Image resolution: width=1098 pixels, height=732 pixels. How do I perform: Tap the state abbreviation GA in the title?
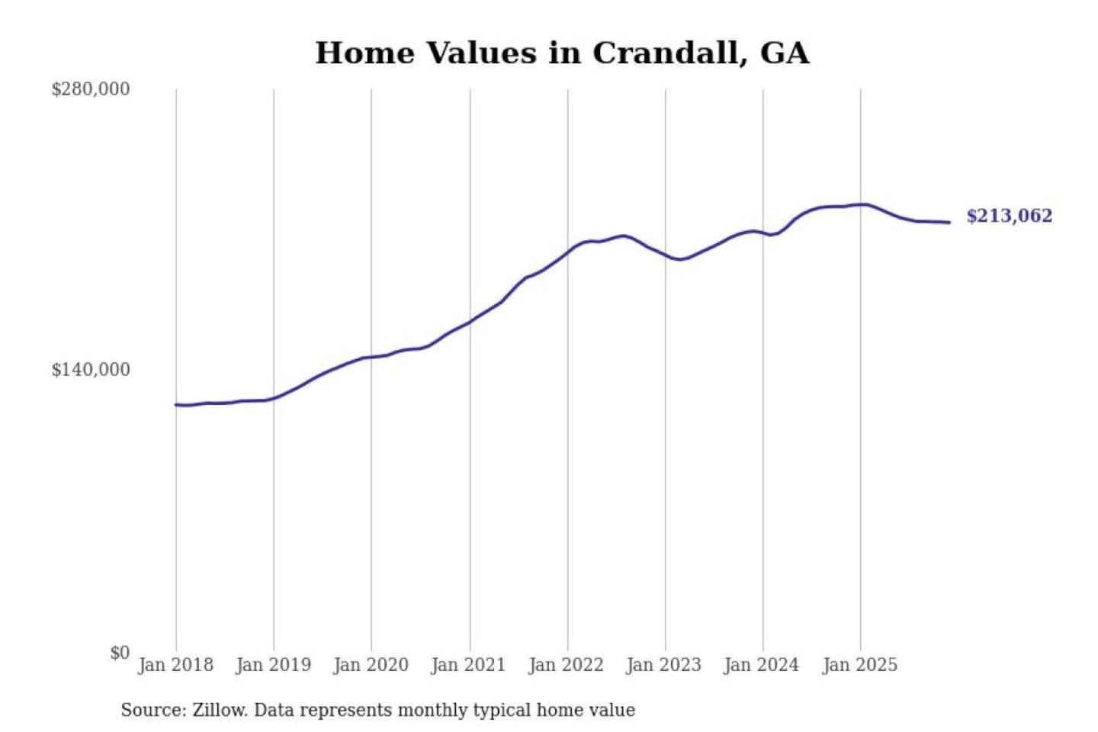(x=785, y=53)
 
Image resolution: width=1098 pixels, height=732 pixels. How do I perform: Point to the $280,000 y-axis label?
(x=91, y=89)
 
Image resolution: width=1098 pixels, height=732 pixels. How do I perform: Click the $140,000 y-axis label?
(x=91, y=370)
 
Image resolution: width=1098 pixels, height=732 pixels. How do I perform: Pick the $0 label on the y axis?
(x=120, y=653)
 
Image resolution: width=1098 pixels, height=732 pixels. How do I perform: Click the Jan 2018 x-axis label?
(x=175, y=665)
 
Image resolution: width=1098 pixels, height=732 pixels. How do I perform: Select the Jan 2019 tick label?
(x=273, y=665)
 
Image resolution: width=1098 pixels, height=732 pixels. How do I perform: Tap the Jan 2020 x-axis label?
(x=371, y=665)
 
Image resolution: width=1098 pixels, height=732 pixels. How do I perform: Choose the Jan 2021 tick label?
(x=468, y=665)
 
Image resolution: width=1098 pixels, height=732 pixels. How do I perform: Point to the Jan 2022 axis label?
(x=566, y=665)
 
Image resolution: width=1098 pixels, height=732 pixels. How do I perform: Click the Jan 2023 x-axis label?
(x=663, y=665)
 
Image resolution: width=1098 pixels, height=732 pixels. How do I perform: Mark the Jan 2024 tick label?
(x=761, y=665)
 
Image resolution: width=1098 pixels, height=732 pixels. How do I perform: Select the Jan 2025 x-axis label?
(x=859, y=665)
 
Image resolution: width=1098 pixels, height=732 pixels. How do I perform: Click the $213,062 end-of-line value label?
(x=1009, y=216)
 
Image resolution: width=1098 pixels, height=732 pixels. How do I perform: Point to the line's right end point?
(x=949, y=223)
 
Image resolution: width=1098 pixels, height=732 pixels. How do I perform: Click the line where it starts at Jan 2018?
(x=176, y=404)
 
